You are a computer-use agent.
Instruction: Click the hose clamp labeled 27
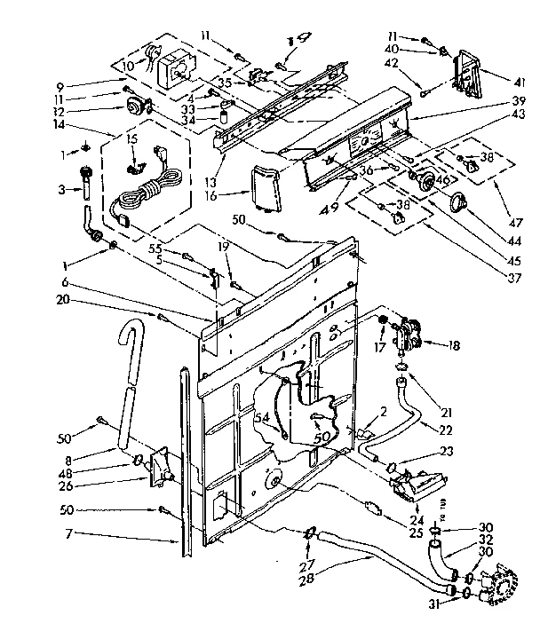tap(310, 533)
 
